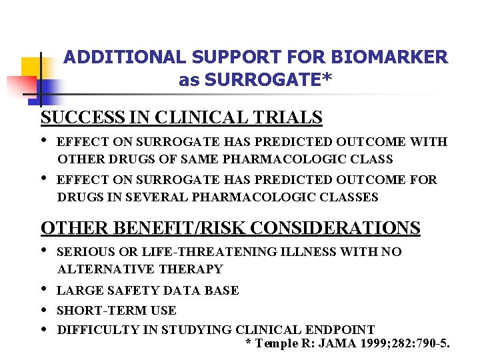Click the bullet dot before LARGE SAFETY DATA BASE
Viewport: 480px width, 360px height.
click(44, 290)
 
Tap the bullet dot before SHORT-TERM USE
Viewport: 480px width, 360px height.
click(44, 310)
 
